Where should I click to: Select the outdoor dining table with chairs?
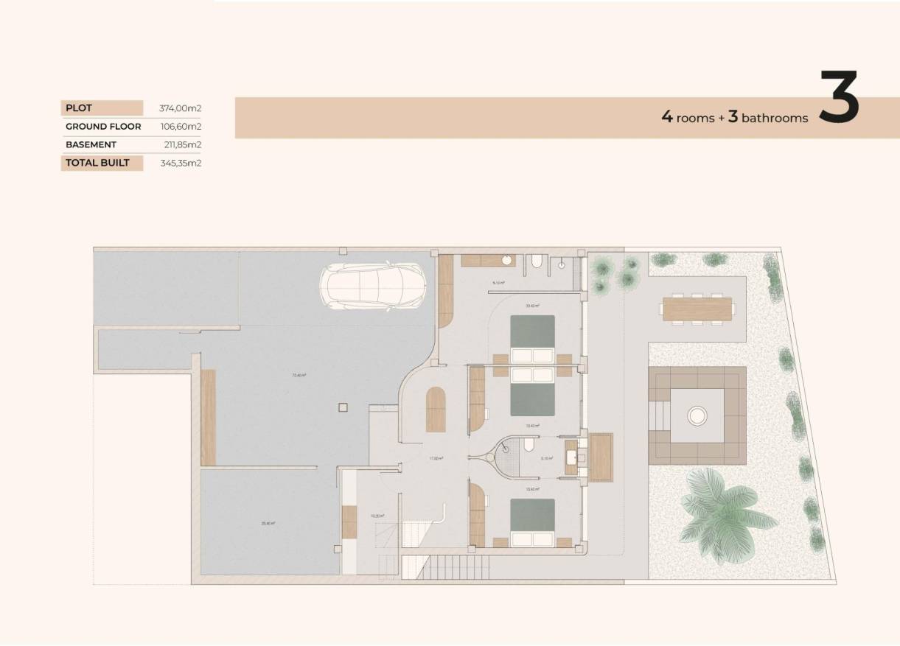click(697, 309)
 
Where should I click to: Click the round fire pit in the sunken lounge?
click(697, 416)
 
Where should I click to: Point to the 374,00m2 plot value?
click(180, 108)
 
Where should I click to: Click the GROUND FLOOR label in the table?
click(103, 127)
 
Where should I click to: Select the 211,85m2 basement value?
click(180, 145)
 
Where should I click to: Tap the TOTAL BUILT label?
click(97, 163)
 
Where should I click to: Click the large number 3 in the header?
click(839, 97)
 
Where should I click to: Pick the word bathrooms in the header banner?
click(775, 118)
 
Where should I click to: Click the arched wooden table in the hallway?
click(436, 410)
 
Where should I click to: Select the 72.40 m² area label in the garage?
click(299, 375)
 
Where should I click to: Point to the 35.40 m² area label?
click(268, 524)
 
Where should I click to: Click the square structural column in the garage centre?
click(341, 407)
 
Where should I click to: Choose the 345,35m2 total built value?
click(180, 163)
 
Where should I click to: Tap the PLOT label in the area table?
click(79, 108)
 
